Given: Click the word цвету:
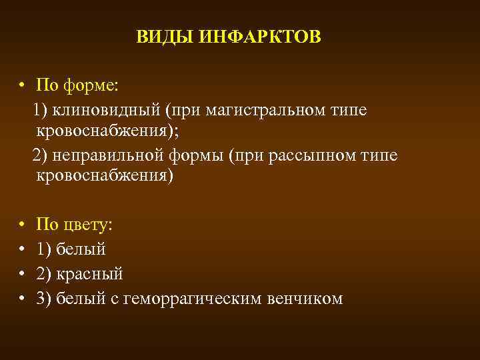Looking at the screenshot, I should coord(87,225).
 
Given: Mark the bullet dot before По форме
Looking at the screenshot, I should coord(22,86).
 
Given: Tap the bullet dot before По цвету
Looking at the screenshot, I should coord(22,225).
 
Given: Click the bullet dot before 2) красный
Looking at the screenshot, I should coord(22,274).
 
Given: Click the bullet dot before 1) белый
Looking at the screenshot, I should coord(22,249).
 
